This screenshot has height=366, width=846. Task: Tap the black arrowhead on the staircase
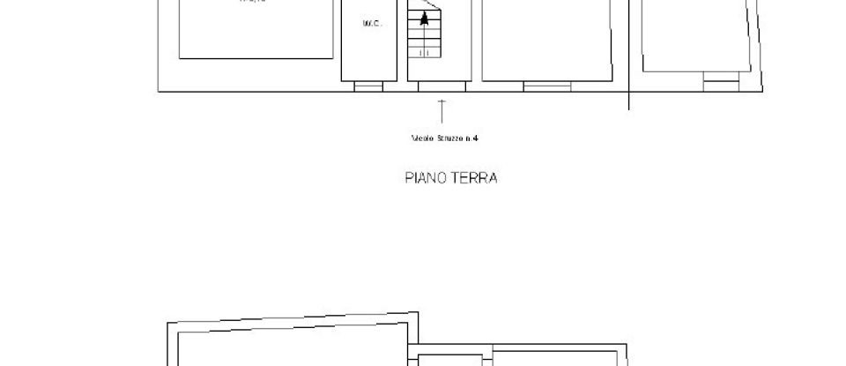point(427,17)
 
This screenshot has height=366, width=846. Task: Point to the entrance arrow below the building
point(442,110)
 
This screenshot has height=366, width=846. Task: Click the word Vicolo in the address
point(422,138)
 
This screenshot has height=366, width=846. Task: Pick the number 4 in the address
point(475,138)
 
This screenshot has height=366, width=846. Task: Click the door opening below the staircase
point(442,86)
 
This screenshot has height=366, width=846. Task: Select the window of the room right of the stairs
point(546,86)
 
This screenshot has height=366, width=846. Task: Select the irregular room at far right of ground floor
point(698,35)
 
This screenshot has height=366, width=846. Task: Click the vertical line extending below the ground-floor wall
point(628,101)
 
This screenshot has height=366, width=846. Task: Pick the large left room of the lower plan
point(282,348)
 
